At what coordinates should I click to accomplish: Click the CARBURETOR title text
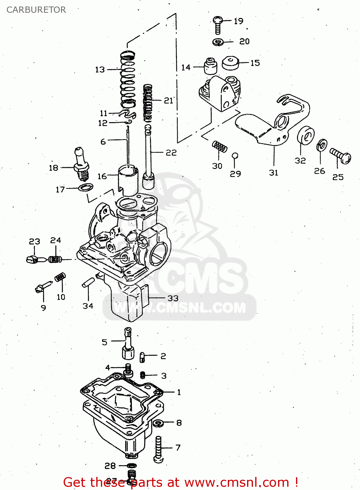coord(36,10)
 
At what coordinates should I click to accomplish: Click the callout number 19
coord(239,21)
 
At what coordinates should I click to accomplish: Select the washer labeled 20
coord(218,42)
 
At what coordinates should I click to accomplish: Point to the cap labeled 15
coord(230,63)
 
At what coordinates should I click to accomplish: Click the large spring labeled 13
coord(128,80)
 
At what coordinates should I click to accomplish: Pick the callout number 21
coord(168,101)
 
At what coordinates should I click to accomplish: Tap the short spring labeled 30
coord(220,147)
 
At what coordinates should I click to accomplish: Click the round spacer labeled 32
coord(305,136)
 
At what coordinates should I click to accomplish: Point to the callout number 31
coord(274,173)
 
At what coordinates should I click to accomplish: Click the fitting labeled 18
coord(82,165)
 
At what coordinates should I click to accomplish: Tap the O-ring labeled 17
coord(86,188)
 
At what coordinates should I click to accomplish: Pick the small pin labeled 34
coord(88,282)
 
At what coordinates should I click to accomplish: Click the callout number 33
coord(173,298)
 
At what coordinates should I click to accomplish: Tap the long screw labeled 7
coord(159,449)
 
